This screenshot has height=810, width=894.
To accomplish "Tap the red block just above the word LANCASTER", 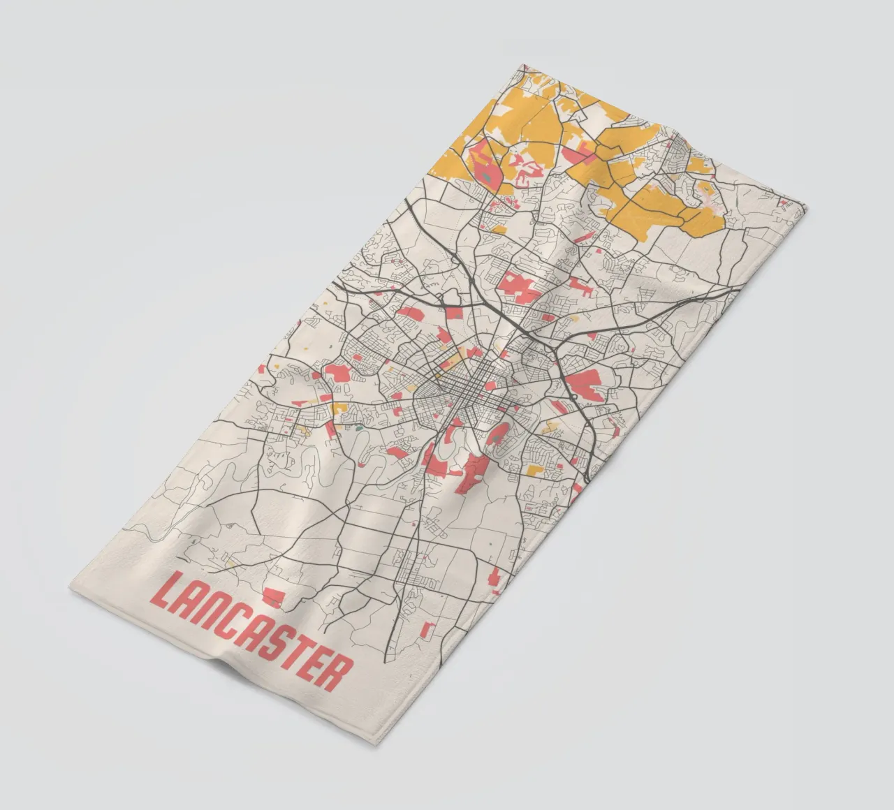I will click(273, 595).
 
